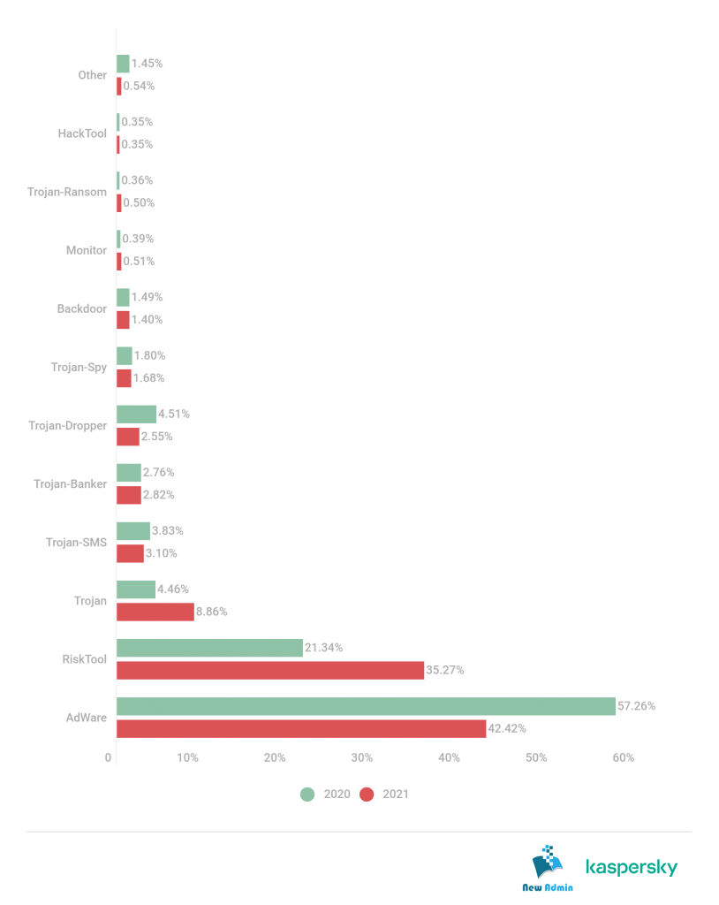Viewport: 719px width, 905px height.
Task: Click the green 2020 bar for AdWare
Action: coord(366,706)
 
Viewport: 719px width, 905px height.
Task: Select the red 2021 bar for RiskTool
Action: coord(270,670)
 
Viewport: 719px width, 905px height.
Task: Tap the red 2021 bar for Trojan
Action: coord(155,612)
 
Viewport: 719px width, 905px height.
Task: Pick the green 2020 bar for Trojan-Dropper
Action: coord(137,414)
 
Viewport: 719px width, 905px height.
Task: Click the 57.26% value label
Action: coord(637,706)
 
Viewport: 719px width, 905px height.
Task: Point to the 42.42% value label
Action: coord(507,729)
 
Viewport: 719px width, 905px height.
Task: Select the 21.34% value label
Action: coord(324,648)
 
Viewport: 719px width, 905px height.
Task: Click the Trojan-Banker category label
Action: coord(71,484)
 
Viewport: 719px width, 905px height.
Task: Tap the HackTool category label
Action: coord(82,133)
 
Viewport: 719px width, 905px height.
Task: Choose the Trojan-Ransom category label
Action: coord(67,192)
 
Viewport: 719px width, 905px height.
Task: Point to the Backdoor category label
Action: coord(82,308)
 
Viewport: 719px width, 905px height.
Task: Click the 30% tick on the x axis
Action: coord(360,758)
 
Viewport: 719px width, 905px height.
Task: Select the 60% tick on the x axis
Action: coord(623,758)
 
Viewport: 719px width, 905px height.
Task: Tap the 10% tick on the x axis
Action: coord(187,758)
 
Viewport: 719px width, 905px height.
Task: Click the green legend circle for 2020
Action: coord(307,794)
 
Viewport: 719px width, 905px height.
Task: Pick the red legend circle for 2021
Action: coord(367,794)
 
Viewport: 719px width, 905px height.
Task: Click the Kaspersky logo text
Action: coord(632,867)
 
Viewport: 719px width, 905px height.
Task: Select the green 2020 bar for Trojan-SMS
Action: coord(133,531)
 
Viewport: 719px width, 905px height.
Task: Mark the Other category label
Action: coord(93,75)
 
